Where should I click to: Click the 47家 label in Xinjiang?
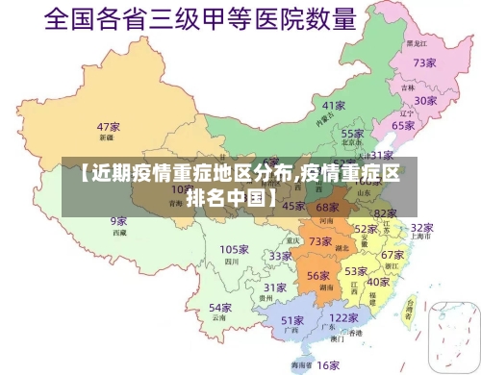108,127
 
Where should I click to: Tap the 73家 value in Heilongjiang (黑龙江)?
425,62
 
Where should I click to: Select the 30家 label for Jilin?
426,100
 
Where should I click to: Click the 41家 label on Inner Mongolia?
334,105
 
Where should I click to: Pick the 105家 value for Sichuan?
235,250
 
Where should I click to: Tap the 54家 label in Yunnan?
220,308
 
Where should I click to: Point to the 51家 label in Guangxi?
293,320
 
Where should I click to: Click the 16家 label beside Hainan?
329,364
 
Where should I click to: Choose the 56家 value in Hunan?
318,276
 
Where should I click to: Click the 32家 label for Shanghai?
421,228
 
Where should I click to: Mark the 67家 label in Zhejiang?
392,255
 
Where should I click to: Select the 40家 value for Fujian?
378,282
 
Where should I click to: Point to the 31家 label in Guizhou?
275,287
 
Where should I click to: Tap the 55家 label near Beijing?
353,135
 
